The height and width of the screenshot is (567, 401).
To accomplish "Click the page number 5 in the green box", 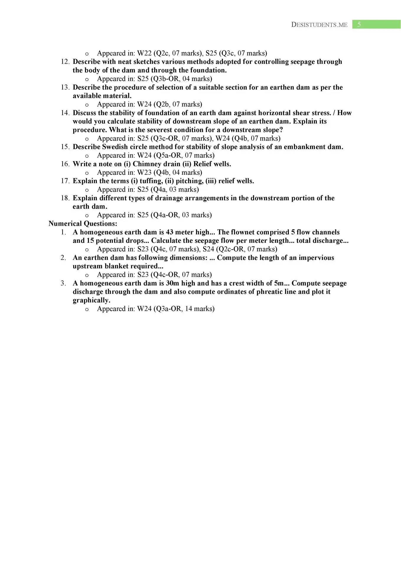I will pyautogui.click(x=359, y=25).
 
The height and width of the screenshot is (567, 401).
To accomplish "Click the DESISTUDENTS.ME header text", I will pyautogui.click(x=319, y=25).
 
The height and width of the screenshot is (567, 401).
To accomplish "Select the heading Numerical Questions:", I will pyautogui.click(x=83, y=224).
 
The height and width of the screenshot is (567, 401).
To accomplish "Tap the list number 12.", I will pyautogui.click(x=65, y=62).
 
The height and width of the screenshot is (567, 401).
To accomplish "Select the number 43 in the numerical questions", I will pyautogui.click(x=169, y=232).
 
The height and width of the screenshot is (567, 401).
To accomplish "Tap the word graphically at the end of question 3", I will pyautogui.click(x=91, y=300).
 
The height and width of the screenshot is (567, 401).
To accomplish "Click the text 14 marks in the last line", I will pyautogui.click(x=200, y=309).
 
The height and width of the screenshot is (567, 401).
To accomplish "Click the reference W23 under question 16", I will pyautogui.click(x=144, y=172).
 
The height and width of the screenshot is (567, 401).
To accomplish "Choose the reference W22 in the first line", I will pyautogui.click(x=144, y=53).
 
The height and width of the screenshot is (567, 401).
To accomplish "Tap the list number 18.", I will pyautogui.click(x=65, y=198).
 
